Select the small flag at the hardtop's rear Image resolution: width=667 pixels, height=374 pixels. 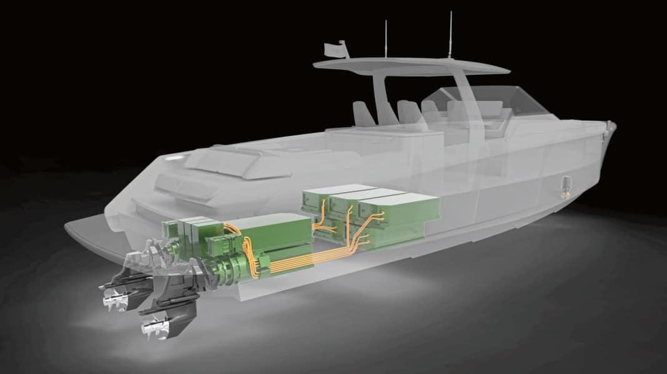click(x=341, y=47)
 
